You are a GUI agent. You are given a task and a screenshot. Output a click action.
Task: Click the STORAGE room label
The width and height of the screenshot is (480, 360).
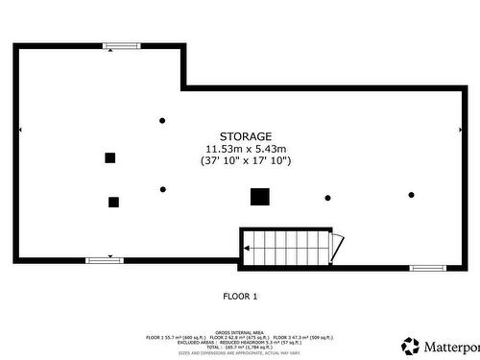pyautogui.click(x=246, y=136)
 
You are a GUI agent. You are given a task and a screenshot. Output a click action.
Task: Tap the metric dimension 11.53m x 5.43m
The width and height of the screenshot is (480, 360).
pyautogui.click(x=246, y=149)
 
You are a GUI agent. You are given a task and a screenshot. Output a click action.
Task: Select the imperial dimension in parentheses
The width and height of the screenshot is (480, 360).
pyautogui.click(x=246, y=161)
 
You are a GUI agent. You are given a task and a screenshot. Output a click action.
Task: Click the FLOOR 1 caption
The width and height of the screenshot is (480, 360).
pyautogui.click(x=240, y=296)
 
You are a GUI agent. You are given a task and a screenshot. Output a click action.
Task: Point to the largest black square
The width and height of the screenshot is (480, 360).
pyautogui.click(x=259, y=197)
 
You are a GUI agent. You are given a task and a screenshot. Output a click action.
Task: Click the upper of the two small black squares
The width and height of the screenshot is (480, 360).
pyautogui.click(x=110, y=157)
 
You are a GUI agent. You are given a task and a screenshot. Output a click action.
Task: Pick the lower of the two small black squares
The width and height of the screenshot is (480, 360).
pyautogui.click(x=113, y=202)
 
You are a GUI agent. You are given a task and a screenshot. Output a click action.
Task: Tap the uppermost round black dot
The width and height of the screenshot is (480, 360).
pyautogui.click(x=162, y=120)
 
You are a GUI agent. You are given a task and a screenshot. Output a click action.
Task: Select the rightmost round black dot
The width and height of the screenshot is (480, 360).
pyautogui.click(x=411, y=195)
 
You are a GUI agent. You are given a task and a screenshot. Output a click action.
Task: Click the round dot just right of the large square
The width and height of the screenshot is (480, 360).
pyautogui.click(x=327, y=198)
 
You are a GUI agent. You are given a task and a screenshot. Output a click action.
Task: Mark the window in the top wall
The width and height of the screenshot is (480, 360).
pyautogui.click(x=122, y=45)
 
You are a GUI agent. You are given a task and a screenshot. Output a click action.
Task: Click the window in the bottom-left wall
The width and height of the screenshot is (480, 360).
pyautogui.click(x=105, y=260)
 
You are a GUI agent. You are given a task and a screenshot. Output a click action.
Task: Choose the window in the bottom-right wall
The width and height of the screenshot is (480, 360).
pyautogui.click(x=427, y=268)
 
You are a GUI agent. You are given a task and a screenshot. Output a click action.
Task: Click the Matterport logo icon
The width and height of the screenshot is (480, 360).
pyautogui.click(x=411, y=345)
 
